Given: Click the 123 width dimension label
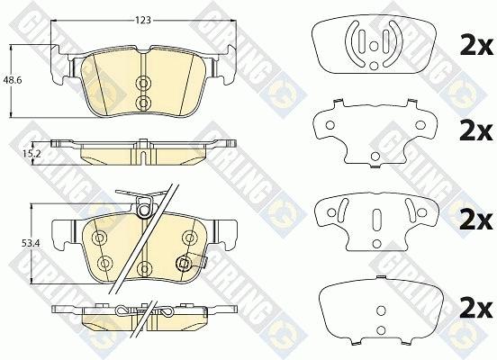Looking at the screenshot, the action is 143,21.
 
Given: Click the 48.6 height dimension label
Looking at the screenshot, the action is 13,80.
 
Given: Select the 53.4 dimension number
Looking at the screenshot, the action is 29,243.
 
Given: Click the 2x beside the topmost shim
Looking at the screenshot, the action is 476,48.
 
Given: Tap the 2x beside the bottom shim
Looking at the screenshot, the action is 476,309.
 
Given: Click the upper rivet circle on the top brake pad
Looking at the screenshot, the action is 143,83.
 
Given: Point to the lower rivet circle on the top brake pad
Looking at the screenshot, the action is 143,102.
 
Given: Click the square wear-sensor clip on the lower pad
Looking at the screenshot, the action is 183,263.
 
